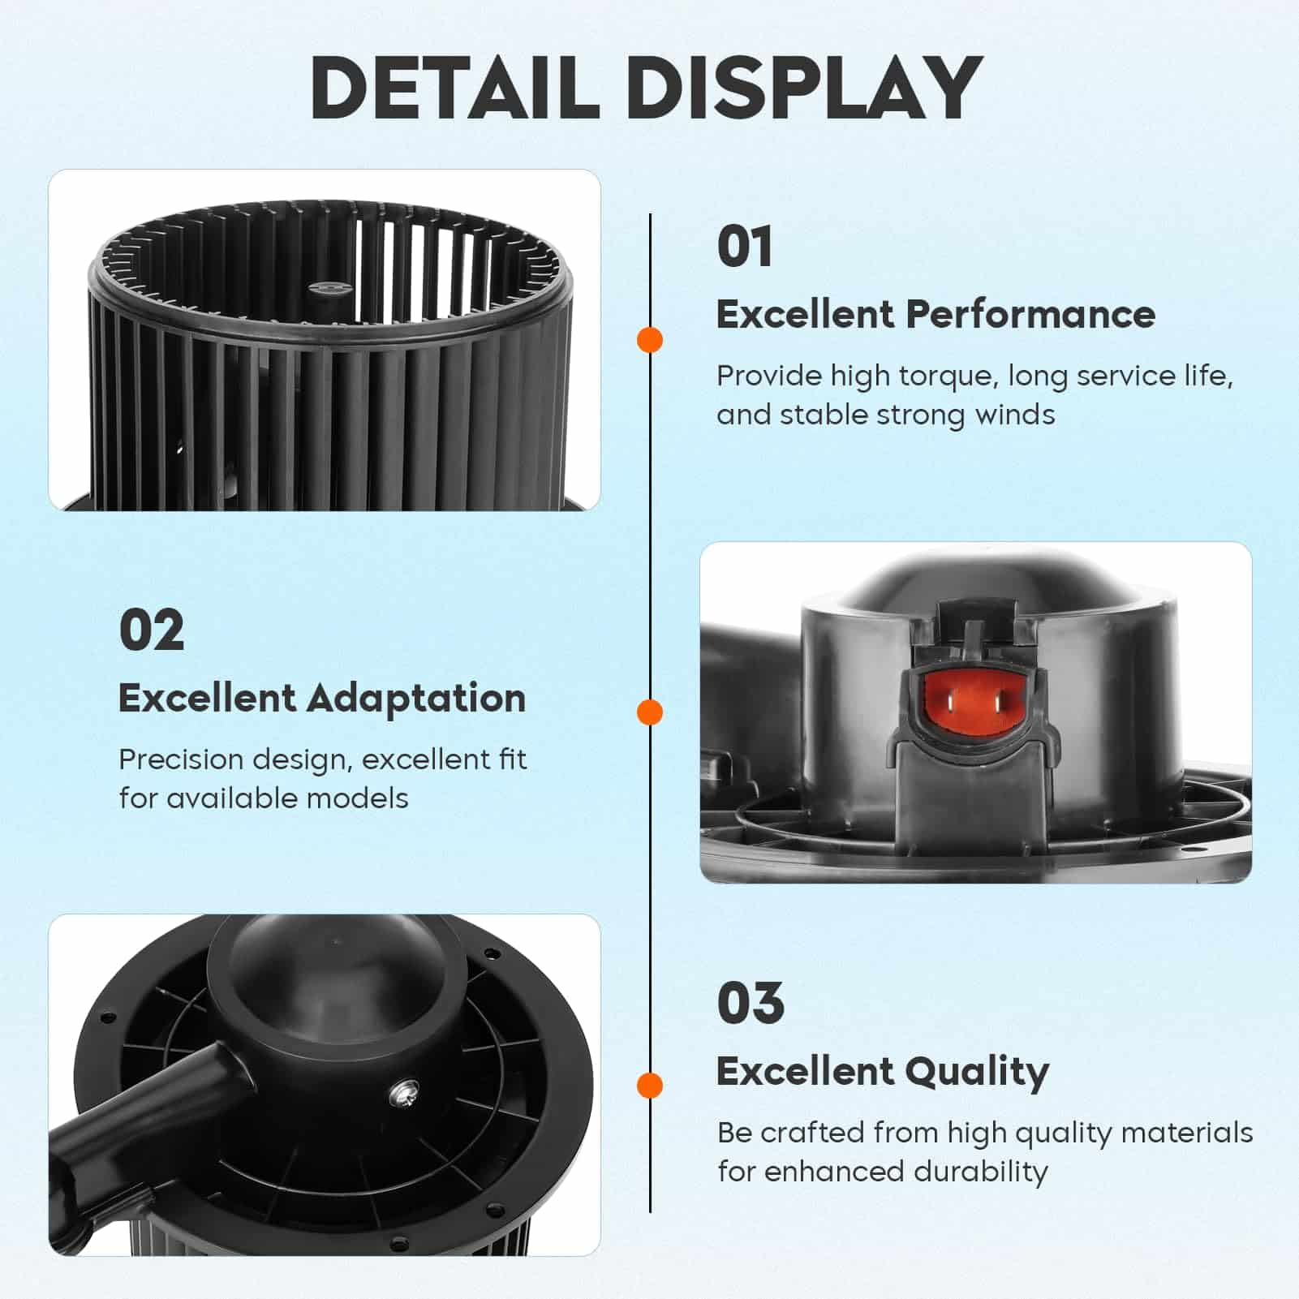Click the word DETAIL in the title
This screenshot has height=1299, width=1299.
pos(454,88)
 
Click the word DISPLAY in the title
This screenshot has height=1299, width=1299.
pos(805,88)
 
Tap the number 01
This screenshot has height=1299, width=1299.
pos(744,247)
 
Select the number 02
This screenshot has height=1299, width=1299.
pos(152,630)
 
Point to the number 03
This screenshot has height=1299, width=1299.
pos(751,1004)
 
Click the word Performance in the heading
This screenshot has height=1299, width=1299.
pos(1030,314)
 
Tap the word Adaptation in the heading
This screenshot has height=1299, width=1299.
pos(416,699)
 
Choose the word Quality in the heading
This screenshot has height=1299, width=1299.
pos(977,1073)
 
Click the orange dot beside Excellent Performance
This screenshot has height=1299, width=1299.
pos(650,340)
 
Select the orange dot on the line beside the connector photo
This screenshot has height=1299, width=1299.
pos(650,712)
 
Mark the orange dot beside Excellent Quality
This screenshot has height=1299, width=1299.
pos(650,1086)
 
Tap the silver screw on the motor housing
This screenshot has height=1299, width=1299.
pos(403,1095)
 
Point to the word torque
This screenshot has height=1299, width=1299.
pos(946,377)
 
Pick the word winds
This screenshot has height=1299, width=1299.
pos(1014,415)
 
